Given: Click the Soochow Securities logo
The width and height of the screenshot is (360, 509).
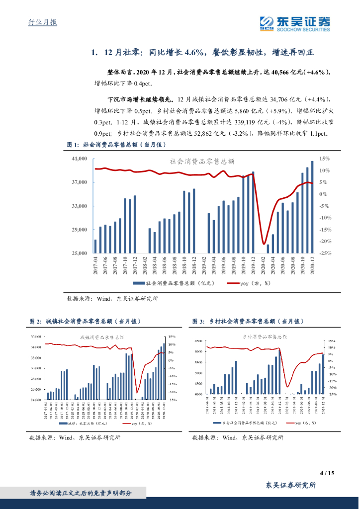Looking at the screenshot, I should pos(295,23).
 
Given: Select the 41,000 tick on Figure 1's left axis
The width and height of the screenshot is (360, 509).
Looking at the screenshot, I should pos(80,159).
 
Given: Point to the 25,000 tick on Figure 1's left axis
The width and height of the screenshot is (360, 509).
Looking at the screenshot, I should pos(80,253).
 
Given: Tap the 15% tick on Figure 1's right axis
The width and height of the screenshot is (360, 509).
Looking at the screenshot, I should pos(324,159).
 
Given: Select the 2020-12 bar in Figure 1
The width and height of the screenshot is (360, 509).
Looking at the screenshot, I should pos(312,207).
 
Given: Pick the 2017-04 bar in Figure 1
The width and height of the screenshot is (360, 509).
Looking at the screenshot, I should pos(95,246).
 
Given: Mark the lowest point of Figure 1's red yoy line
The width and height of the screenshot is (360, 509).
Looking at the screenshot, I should pos(264,244).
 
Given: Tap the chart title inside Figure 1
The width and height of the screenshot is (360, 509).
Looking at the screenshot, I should pos(202,162).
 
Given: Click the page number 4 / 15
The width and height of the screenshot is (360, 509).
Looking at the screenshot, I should pos(326,473).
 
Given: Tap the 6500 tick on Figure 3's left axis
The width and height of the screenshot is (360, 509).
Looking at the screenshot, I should pos(198,341).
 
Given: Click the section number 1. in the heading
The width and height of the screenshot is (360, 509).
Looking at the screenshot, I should pos(94,52).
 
